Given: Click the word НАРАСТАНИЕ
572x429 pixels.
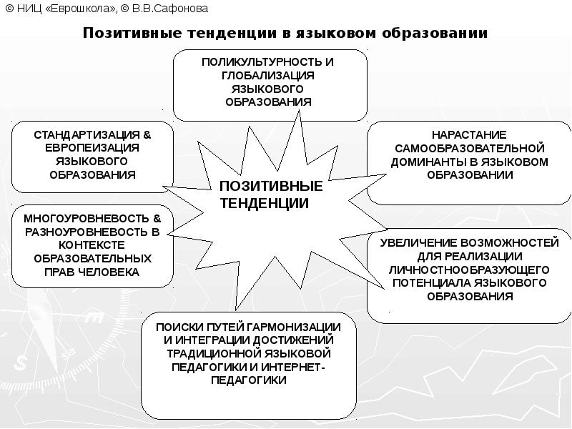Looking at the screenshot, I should click(x=469, y=134).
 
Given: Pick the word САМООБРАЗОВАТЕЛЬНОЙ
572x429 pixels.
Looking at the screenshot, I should click(x=469, y=148).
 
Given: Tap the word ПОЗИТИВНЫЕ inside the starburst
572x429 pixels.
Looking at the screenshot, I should click(x=271, y=187).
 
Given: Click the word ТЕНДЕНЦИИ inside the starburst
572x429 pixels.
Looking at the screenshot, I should click(x=265, y=203).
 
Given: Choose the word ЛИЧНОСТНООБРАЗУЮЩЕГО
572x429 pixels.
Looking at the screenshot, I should click(x=469, y=270).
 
